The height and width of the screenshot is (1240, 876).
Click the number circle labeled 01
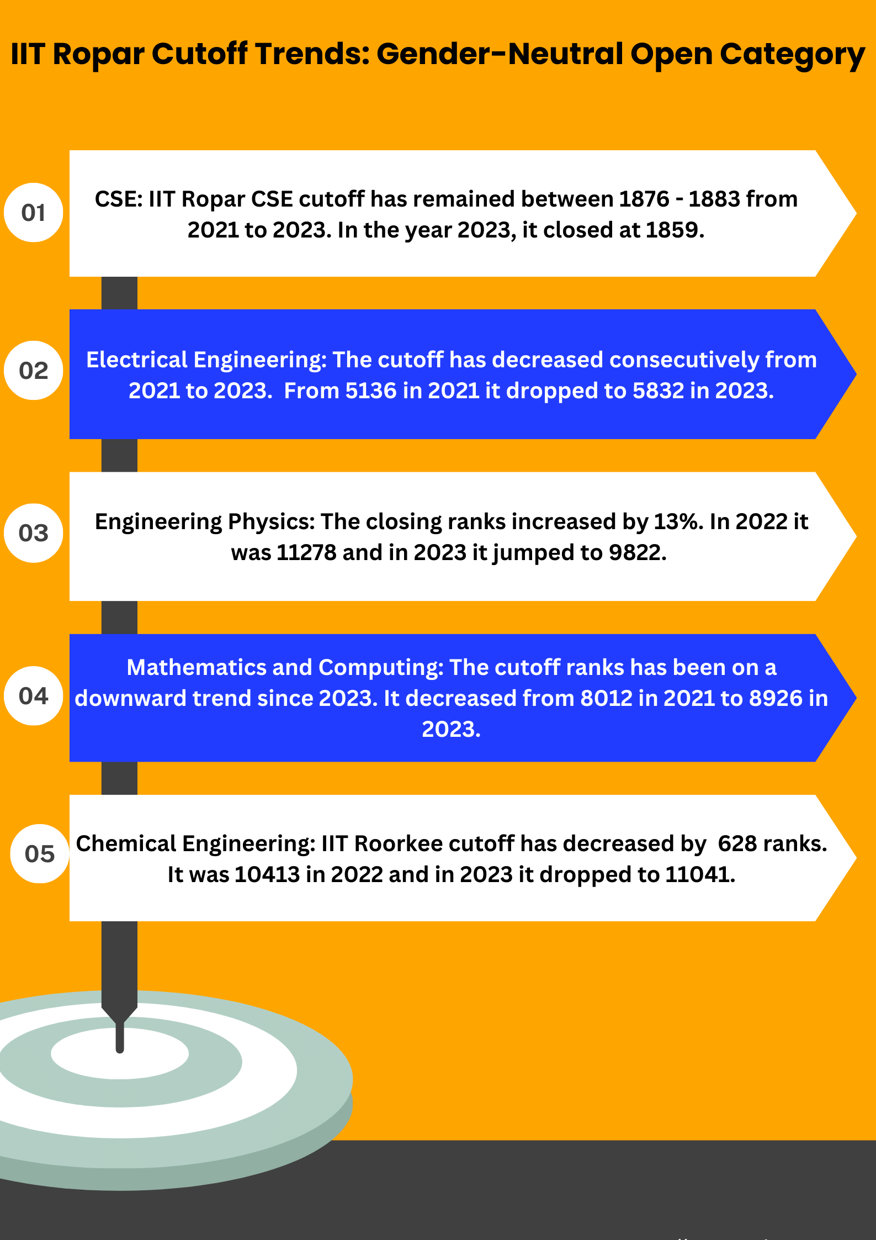click(x=33, y=213)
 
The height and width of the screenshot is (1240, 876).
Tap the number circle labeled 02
click(x=33, y=371)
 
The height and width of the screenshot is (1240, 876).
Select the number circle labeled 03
click(x=33, y=533)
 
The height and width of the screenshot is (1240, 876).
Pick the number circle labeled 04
click(x=33, y=696)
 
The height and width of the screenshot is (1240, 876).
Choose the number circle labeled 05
click(x=39, y=854)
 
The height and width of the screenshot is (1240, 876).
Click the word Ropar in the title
click(x=99, y=54)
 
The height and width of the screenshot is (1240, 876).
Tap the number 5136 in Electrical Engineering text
click(x=371, y=391)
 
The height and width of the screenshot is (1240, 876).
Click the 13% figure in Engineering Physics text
click(x=678, y=522)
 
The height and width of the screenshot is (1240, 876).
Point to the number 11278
click(x=306, y=553)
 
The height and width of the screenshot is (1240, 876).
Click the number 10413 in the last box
click(x=267, y=875)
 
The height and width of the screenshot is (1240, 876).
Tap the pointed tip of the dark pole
click(x=120, y=1049)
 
